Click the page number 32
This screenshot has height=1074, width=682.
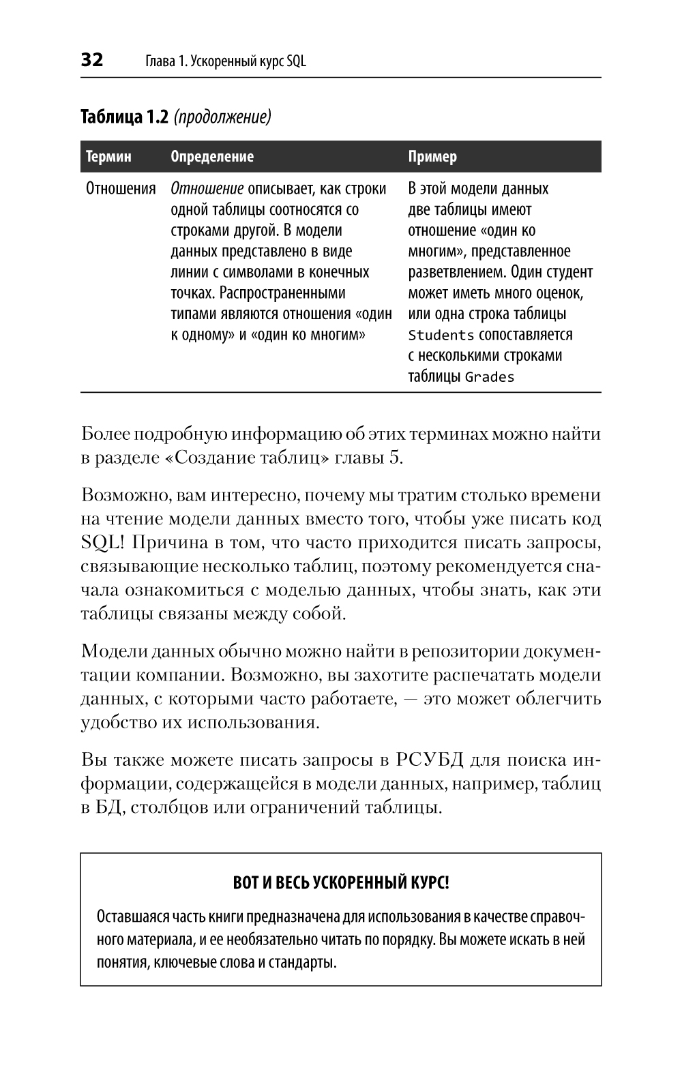click(92, 60)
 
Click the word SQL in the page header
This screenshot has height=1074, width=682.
click(296, 61)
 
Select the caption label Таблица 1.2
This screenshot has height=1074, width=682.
click(123, 117)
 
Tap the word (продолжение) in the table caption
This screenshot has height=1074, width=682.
click(222, 118)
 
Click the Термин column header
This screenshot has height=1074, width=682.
click(108, 157)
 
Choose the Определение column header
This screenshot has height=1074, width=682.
click(211, 157)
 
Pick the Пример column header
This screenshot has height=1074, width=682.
click(432, 157)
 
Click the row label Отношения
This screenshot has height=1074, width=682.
click(121, 189)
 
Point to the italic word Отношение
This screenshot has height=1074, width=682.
click(207, 189)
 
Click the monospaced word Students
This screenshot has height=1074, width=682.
click(441, 335)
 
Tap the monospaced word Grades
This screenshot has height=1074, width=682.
click(489, 377)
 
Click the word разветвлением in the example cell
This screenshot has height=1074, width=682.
click(454, 273)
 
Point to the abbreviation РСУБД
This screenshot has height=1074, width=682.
click(428, 760)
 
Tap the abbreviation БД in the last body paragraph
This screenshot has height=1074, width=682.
click(109, 808)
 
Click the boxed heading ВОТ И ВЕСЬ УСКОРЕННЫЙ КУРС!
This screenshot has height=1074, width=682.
click(341, 882)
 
